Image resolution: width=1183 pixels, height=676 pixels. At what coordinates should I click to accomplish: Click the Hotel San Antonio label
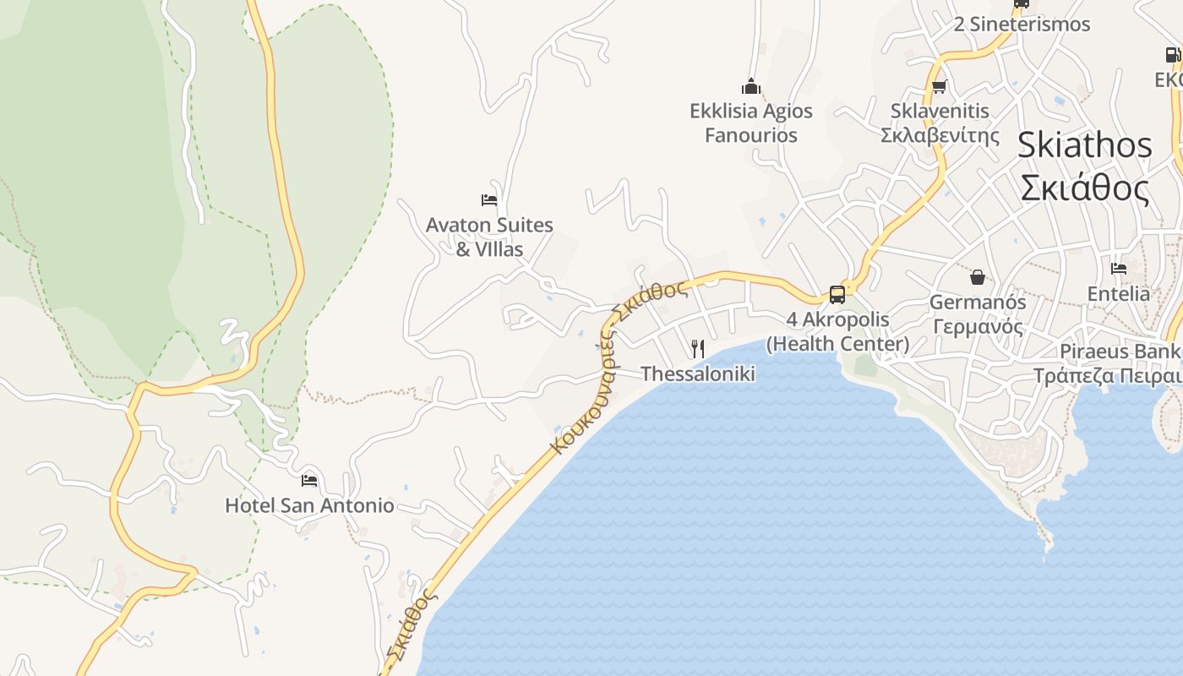309,505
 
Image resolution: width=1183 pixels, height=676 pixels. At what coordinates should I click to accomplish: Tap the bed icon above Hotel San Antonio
309,480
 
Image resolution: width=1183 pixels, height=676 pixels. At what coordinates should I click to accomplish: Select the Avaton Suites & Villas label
489,237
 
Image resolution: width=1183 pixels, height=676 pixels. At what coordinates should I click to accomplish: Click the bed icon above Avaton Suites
488,200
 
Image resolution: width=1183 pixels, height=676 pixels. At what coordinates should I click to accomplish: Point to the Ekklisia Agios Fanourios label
750,123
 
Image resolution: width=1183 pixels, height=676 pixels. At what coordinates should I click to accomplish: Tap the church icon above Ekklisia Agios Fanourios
750,86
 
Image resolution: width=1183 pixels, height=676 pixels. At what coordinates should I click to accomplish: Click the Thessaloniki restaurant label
698,373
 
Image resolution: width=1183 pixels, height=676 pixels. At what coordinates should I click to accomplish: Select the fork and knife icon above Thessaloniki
698,348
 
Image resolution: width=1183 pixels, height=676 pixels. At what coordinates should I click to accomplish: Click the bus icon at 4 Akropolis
837,294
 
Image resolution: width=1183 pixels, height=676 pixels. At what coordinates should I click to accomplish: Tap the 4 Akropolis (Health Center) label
837,331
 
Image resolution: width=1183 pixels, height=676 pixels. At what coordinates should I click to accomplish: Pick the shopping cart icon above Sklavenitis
939,86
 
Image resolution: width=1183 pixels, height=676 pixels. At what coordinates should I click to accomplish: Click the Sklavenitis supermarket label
940,123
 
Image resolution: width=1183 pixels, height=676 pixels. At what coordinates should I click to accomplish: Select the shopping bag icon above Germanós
977,276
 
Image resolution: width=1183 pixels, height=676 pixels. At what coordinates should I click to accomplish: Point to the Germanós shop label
977,313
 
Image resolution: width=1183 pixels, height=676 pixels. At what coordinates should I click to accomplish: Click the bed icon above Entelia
1119,269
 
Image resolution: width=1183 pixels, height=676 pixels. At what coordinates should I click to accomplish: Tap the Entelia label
1119,294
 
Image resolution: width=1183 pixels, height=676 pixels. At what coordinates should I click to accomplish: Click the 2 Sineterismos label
1022,25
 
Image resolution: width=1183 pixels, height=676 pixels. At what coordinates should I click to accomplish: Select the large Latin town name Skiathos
1084,145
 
